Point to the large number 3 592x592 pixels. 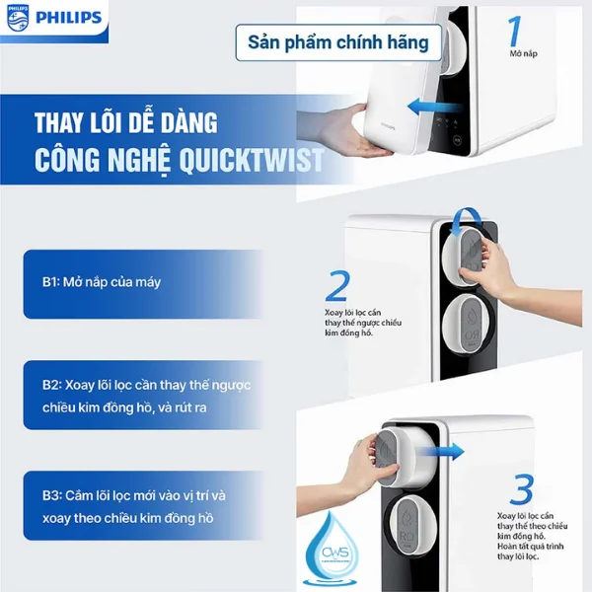(x=522, y=489)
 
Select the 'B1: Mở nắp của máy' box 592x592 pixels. (x=128, y=283)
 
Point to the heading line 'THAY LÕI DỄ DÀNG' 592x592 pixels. (x=126, y=124)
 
